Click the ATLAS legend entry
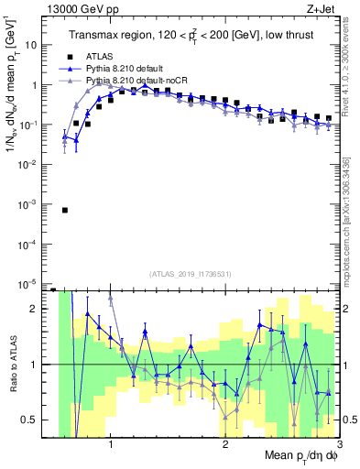pos(100,55)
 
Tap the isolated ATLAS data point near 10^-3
pos(65,210)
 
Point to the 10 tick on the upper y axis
pos(36,45)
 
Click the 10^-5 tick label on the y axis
pos(33,282)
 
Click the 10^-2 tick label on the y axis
pos(33,164)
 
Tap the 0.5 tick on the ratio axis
pos(35,420)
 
